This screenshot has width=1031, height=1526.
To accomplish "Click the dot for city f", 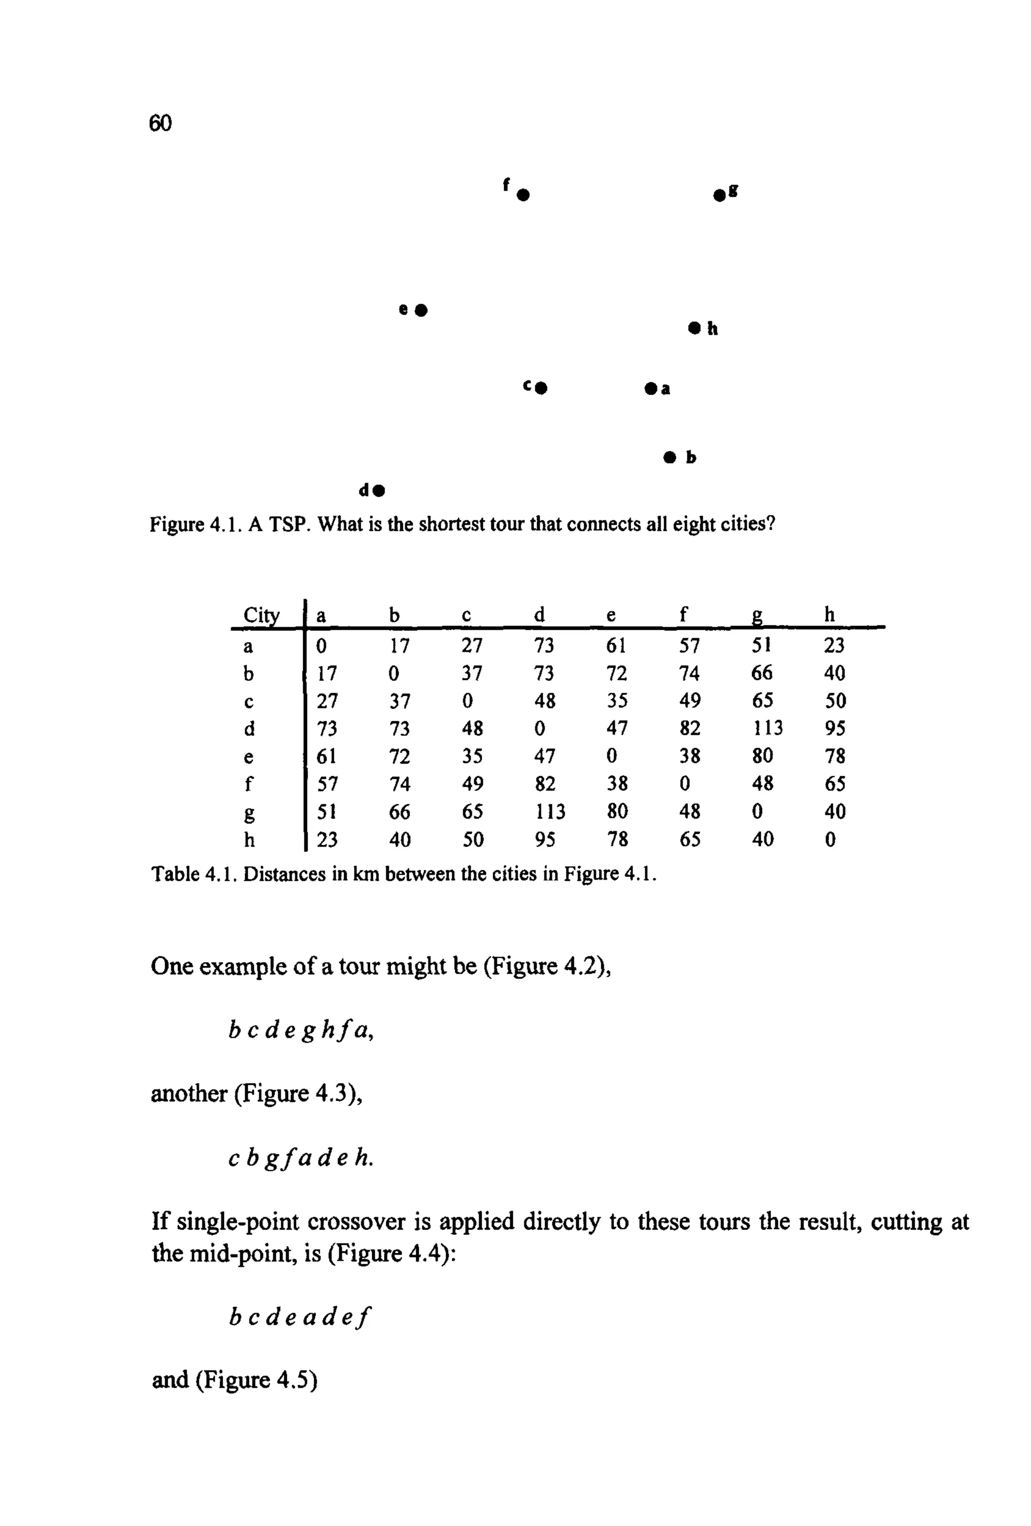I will tap(523, 195).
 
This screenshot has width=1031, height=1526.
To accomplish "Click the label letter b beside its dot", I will tap(690, 457).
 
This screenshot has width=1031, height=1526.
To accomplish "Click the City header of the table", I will tap(261, 615).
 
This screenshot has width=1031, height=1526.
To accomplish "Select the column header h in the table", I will tap(830, 615).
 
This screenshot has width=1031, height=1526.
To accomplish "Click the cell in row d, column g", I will tap(767, 728).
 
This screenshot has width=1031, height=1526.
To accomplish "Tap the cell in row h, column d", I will tap(544, 839).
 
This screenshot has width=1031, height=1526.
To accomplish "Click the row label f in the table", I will tap(248, 783).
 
